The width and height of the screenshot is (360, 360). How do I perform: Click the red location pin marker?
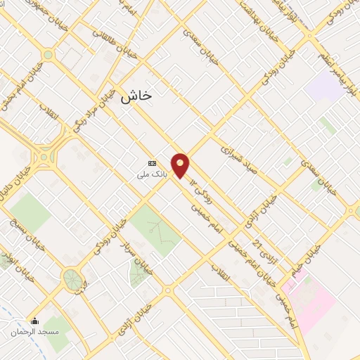coord(181,165)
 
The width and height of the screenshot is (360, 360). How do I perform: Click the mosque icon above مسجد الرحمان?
coord(34,321)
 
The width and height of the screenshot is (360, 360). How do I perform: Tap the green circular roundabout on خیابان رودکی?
coord(72,279)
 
